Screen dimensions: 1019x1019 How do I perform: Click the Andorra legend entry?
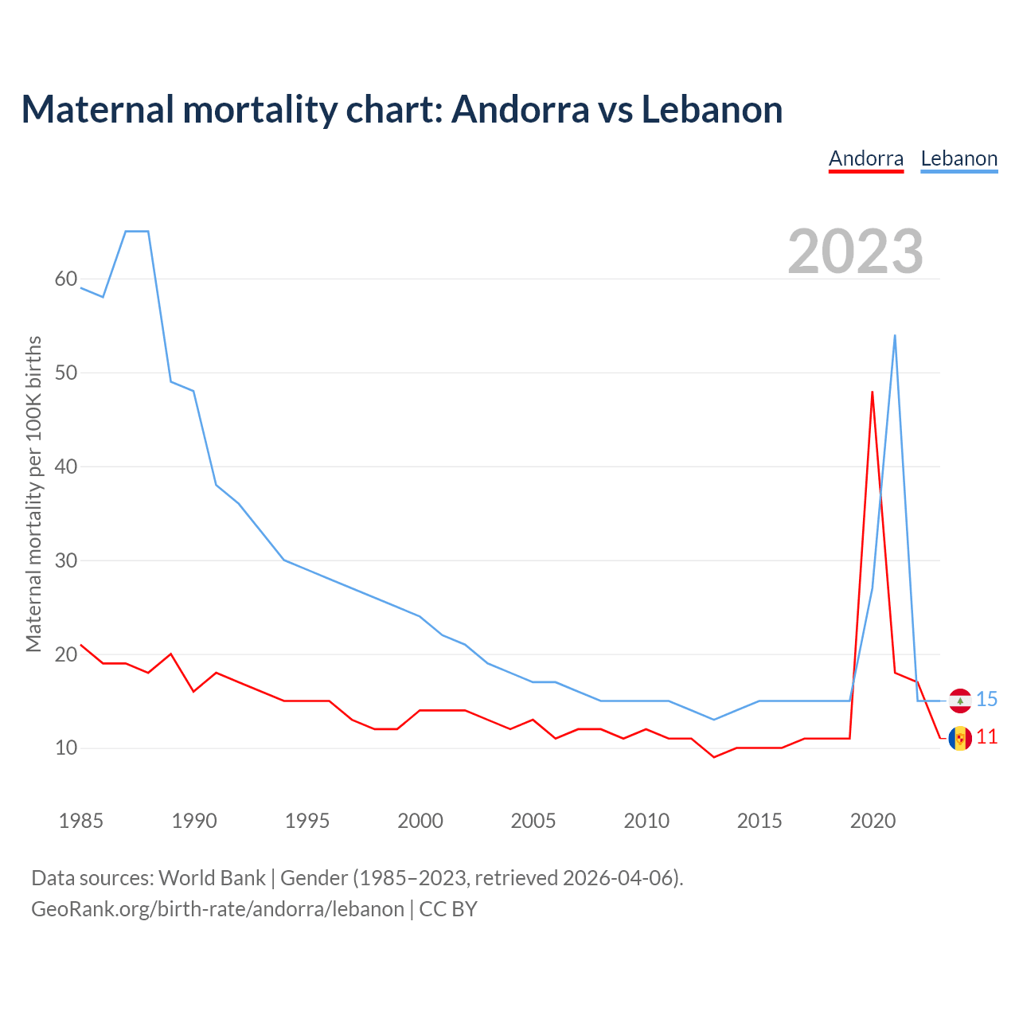point(866,158)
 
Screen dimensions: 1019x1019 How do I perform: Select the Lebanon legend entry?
point(958,158)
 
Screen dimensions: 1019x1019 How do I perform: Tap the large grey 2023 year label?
point(855,251)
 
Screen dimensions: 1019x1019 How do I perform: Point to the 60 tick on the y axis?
point(66,279)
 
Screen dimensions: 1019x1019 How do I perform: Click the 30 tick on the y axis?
point(66,561)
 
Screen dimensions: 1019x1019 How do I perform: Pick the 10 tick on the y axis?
point(66,748)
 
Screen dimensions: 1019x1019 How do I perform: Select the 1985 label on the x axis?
point(81,821)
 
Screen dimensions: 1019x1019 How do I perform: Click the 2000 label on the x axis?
point(420,821)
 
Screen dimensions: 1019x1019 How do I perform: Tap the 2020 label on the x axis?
point(873,821)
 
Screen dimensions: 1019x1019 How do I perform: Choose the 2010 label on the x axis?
point(646,821)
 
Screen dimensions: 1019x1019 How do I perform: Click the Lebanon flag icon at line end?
point(960,701)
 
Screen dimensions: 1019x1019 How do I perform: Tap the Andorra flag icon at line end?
point(960,738)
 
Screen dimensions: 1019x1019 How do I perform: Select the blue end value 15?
point(987,700)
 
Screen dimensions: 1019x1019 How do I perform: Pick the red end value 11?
point(987,737)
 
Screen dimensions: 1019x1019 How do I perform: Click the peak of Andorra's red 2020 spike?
point(873,392)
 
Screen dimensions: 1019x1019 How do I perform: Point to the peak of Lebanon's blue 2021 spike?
point(895,336)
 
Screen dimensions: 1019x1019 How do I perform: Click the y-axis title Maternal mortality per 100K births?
point(33,494)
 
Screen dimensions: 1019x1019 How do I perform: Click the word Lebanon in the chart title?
point(712,109)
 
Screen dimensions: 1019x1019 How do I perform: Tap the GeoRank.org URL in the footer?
point(217,909)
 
